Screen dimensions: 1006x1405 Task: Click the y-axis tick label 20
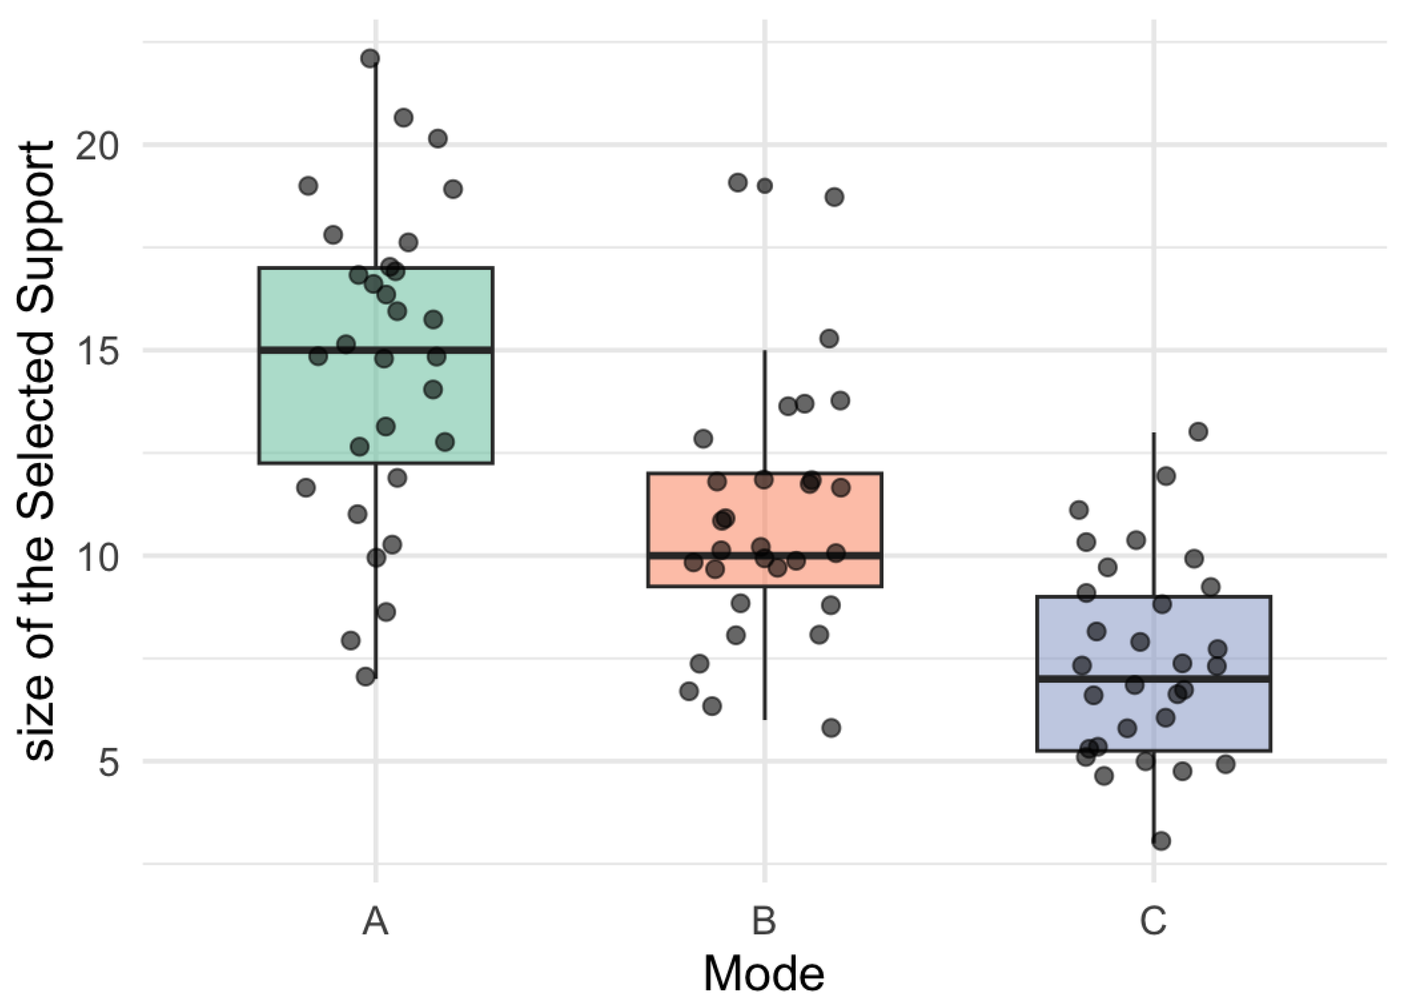(x=96, y=147)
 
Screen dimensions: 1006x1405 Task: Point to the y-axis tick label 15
(x=96, y=352)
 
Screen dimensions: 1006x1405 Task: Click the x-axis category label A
(x=375, y=921)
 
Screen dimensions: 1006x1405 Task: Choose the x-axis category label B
(x=764, y=921)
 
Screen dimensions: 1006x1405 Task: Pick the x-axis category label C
(x=1153, y=921)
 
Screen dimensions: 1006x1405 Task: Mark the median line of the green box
(x=433, y=350)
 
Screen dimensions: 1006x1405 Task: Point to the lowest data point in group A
(x=366, y=676)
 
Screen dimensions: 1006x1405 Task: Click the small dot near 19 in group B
(x=765, y=186)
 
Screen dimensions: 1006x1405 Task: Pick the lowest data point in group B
(x=831, y=728)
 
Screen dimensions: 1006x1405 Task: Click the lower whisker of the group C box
(x=1153, y=799)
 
